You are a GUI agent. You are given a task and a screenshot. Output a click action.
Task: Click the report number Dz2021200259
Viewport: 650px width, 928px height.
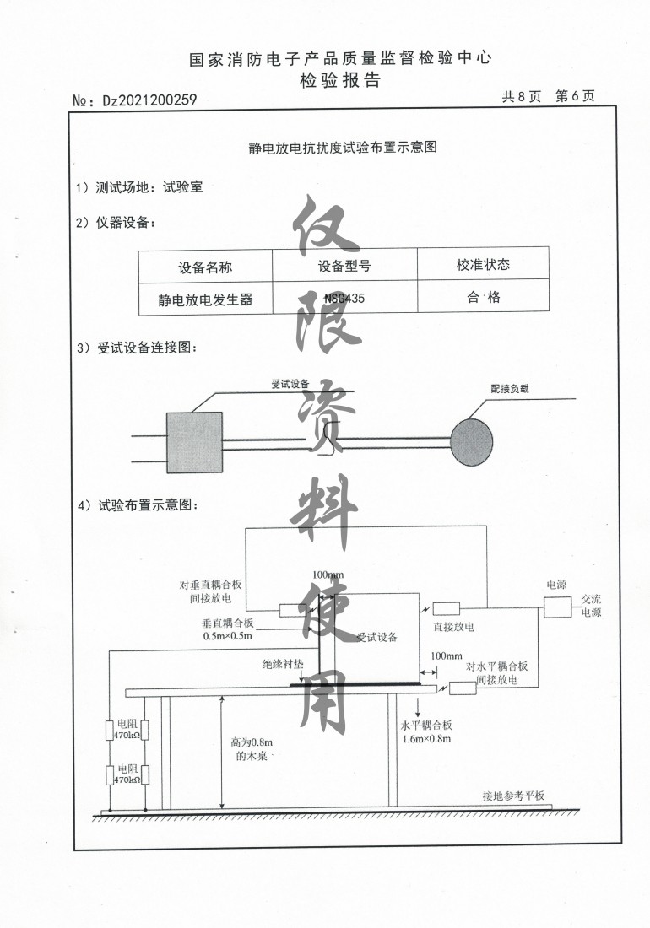(149, 100)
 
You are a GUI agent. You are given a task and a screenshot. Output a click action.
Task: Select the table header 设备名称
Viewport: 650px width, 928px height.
(205, 267)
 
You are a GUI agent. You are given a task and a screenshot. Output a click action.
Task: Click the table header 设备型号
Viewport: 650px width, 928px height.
(344, 266)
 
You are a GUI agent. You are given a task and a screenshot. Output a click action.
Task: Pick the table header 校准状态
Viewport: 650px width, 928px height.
(483, 265)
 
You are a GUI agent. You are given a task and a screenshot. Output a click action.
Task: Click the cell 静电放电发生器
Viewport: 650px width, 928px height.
(205, 299)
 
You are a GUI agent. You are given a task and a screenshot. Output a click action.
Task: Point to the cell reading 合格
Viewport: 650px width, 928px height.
(483, 297)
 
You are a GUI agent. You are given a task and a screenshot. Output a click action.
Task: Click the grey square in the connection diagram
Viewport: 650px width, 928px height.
(193, 441)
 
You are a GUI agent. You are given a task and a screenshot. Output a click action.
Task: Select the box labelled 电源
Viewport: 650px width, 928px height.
(557, 606)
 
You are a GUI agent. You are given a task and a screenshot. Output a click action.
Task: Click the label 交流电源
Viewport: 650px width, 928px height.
(591, 606)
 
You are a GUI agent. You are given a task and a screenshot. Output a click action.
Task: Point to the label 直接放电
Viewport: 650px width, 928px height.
(453, 627)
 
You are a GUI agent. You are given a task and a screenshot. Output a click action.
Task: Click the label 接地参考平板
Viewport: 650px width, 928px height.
(514, 796)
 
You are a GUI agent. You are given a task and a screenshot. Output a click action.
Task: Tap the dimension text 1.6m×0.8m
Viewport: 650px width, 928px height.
(428, 739)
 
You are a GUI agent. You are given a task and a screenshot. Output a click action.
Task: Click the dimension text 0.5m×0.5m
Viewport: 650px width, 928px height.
(228, 634)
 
